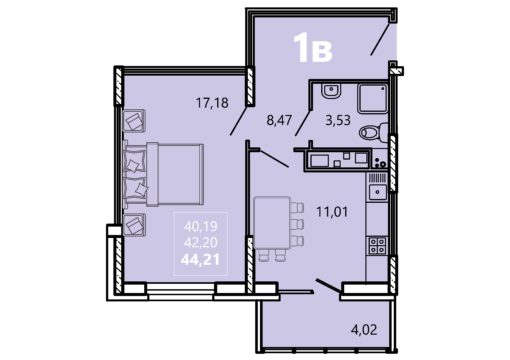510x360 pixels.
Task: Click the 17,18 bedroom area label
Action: click(212, 103)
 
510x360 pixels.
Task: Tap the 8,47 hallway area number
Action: click(279, 120)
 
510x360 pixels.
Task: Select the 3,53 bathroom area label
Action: click(338, 120)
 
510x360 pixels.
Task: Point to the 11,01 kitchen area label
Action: click(332, 212)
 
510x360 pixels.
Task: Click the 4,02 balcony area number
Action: click(364, 330)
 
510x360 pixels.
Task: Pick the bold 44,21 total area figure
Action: click(200, 259)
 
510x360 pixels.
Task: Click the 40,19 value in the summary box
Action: click(201, 227)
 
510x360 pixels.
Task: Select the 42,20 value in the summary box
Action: click(201, 242)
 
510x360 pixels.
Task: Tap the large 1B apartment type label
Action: click(313, 49)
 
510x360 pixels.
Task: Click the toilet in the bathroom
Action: click(373, 132)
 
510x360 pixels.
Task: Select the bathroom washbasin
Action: click(331, 91)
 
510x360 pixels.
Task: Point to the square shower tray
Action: click(373, 98)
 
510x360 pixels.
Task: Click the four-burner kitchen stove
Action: click(377, 246)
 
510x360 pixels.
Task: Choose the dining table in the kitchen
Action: click(272, 223)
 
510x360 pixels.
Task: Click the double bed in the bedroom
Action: click(163, 174)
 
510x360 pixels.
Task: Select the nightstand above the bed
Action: click(134, 121)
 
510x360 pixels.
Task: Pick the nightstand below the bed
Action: click(134, 225)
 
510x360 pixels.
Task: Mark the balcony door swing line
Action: click(328, 287)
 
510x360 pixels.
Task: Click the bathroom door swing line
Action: click(303, 122)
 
